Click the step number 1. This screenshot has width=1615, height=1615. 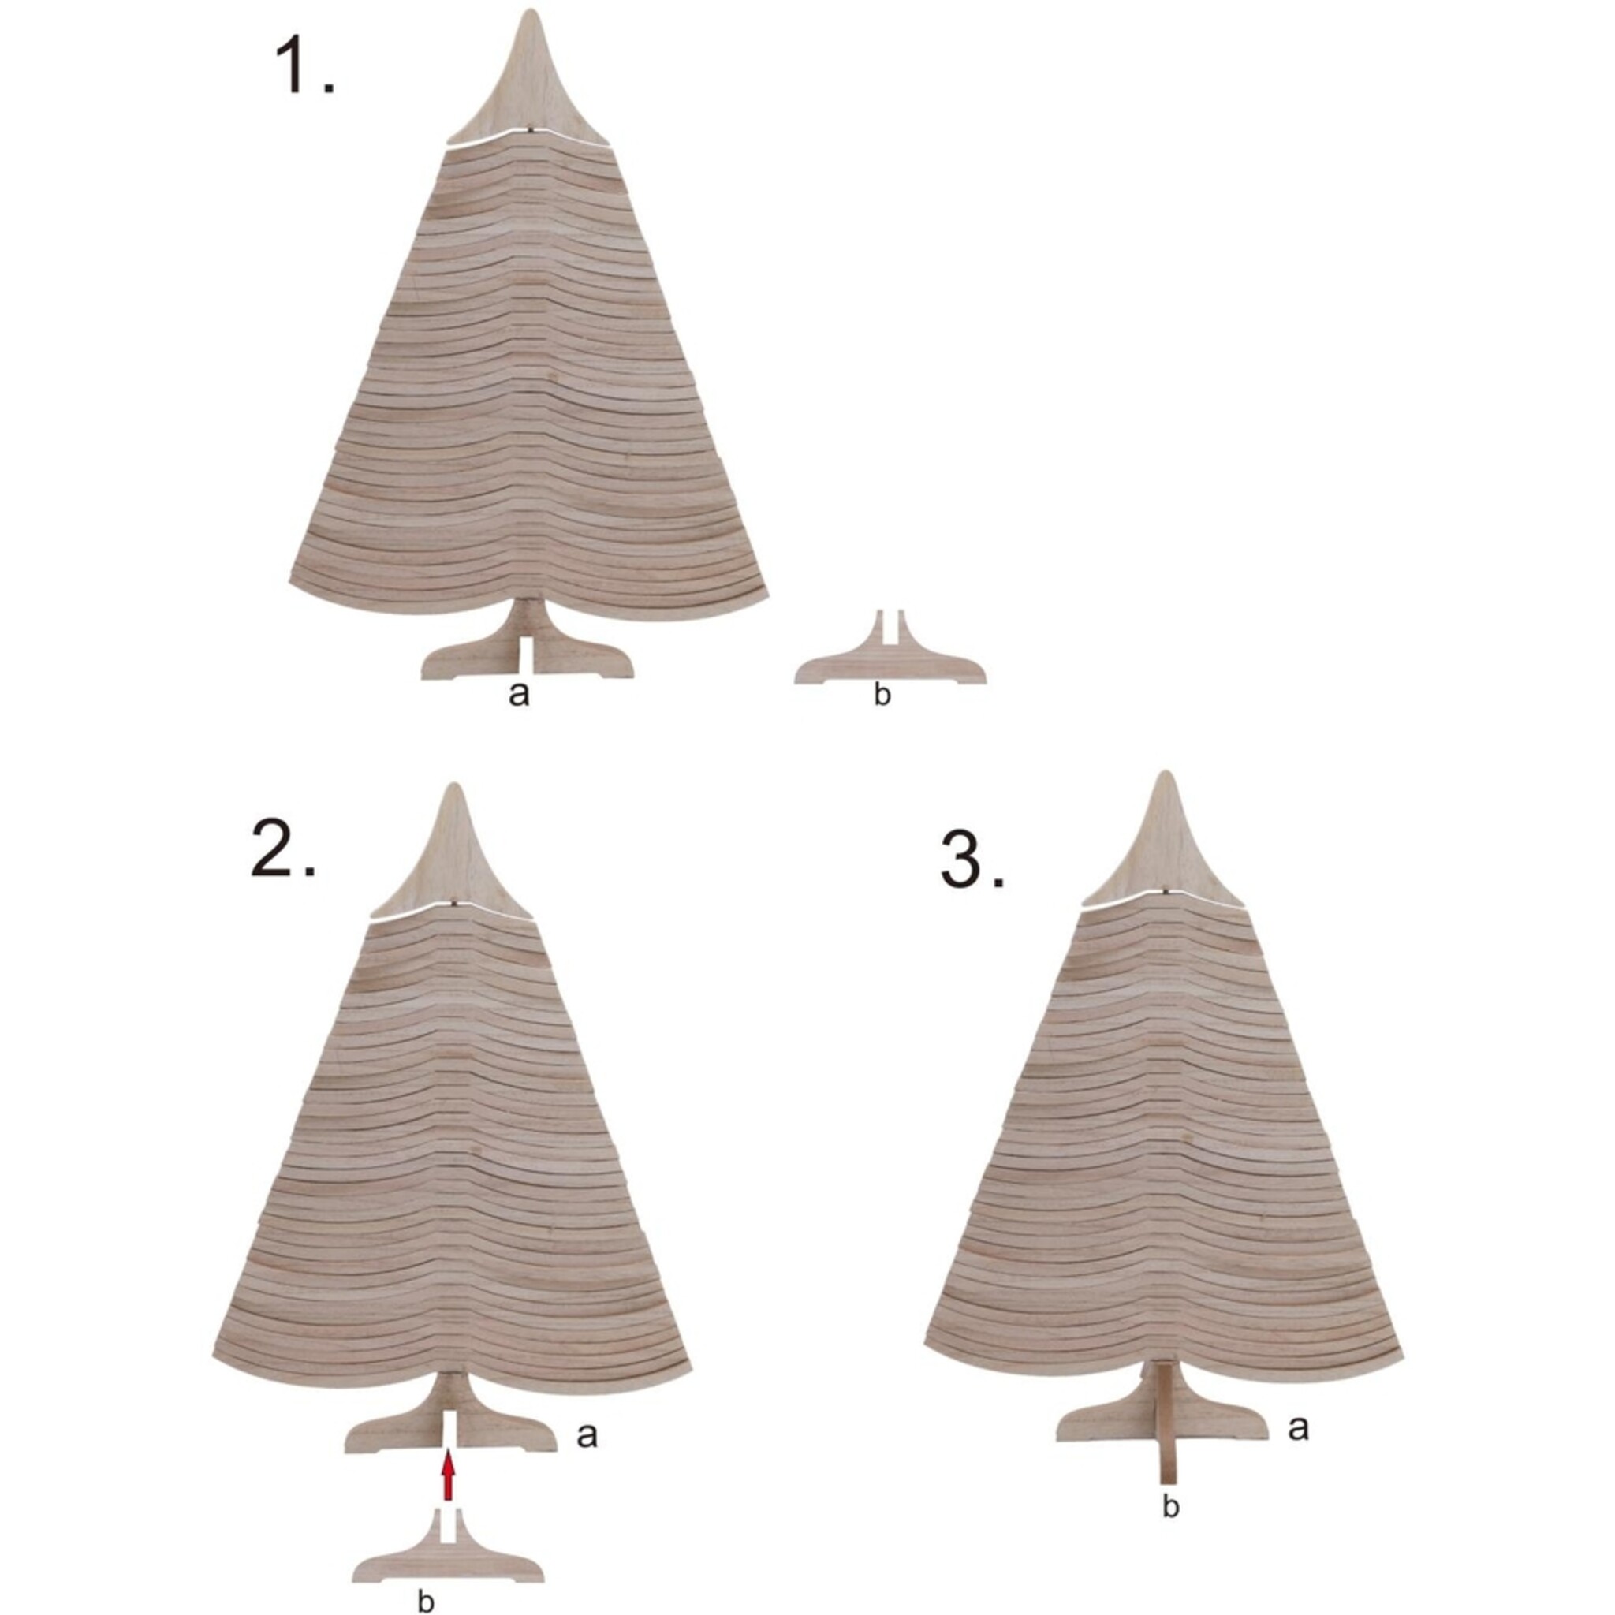[304, 68]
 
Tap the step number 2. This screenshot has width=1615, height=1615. [282, 848]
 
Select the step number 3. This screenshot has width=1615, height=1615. [972, 860]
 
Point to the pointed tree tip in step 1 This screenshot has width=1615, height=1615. [530, 12]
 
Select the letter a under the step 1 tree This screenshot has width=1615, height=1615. [518, 693]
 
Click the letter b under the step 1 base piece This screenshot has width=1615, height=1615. [882, 694]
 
